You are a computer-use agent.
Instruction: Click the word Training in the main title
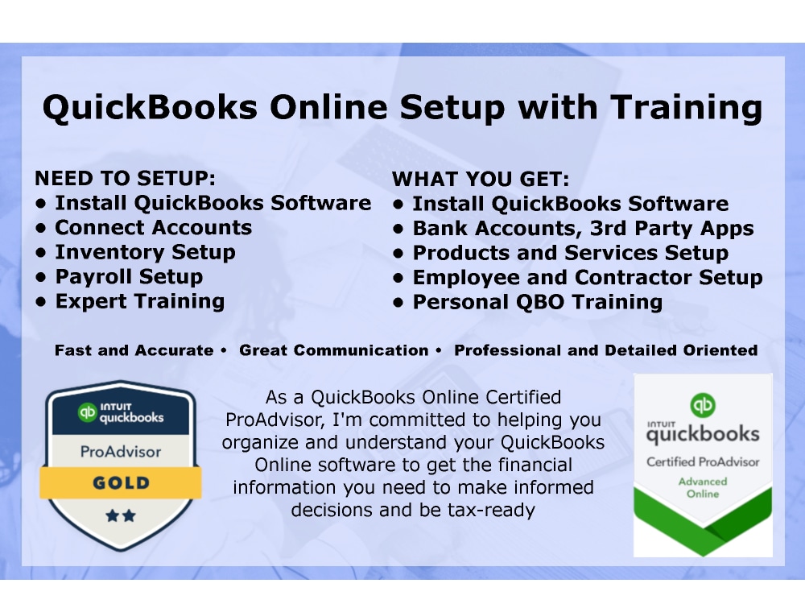tap(685, 108)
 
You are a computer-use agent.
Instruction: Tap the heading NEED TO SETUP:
tap(126, 178)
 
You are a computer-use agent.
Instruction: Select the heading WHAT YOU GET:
tap(481, 178)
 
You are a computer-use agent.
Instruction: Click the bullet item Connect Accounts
tap(153, 228)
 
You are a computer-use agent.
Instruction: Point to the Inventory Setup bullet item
tap(145, 252)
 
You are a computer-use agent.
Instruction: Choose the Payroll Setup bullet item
tap(129, 277)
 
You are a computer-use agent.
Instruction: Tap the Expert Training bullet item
tap(139, 302)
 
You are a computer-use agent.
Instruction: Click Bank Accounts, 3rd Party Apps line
tap(583, 229)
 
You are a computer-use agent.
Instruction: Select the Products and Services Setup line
tap(570, 253)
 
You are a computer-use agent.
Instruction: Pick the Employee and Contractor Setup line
tap(588, 278)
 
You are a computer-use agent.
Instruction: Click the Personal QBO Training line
tap(537, 303)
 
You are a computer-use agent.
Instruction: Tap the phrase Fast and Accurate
tap(134, 350)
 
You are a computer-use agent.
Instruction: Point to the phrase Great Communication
tap(334, 350)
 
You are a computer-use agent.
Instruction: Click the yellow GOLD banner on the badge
tap(121, 483)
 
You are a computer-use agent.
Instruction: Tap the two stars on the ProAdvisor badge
tap(121, 515)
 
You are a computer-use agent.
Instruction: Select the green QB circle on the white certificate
tap(703, 404)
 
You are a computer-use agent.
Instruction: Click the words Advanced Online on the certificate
tap(703, 487)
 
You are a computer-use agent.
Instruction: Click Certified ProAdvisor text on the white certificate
tap(703, 461)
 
